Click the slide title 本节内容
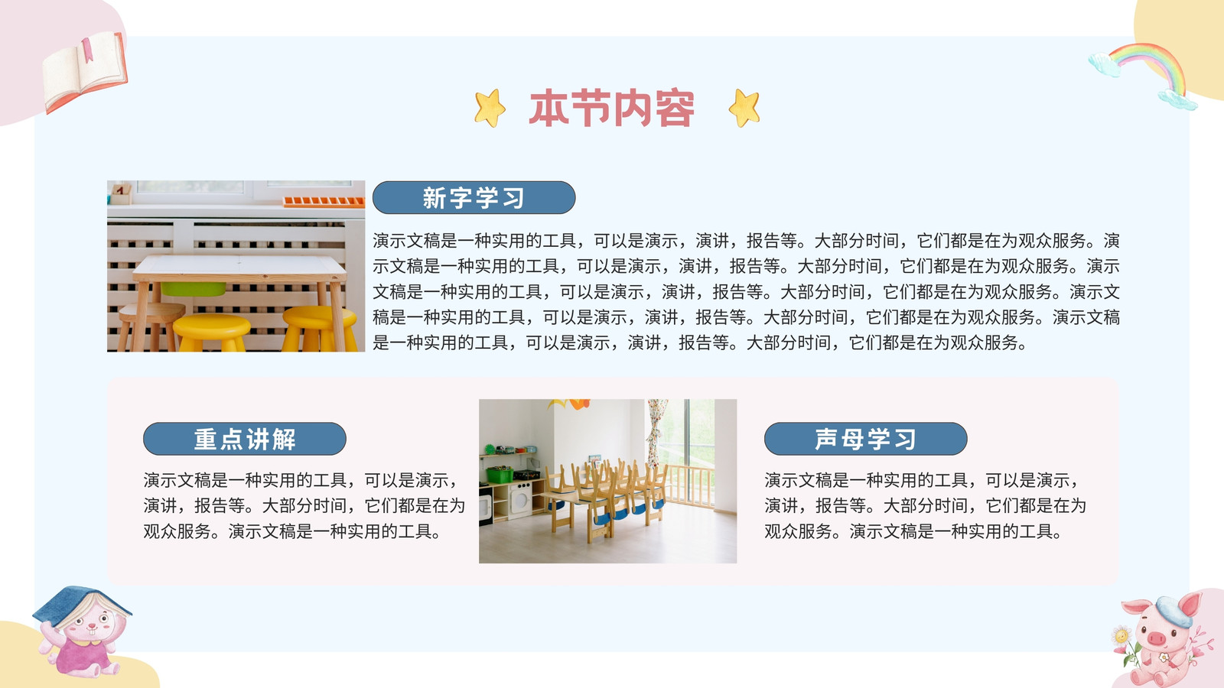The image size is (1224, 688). click(611, 108)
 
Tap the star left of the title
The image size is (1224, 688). click(490, 108)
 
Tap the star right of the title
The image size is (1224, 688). click(744, 108)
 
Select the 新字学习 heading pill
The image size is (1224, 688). click(474, 197)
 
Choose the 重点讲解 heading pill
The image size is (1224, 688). click(245, 439)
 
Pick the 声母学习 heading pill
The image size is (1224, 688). click(865, 439)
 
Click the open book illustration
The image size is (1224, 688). click(85, 71)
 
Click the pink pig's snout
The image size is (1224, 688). click(1156, 638)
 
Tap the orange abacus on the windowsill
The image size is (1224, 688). click(324, 202)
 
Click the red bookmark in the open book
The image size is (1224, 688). click(88, 50)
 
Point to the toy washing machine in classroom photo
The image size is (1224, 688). click(519, 499)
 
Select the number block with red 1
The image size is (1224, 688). click(121, 193)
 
